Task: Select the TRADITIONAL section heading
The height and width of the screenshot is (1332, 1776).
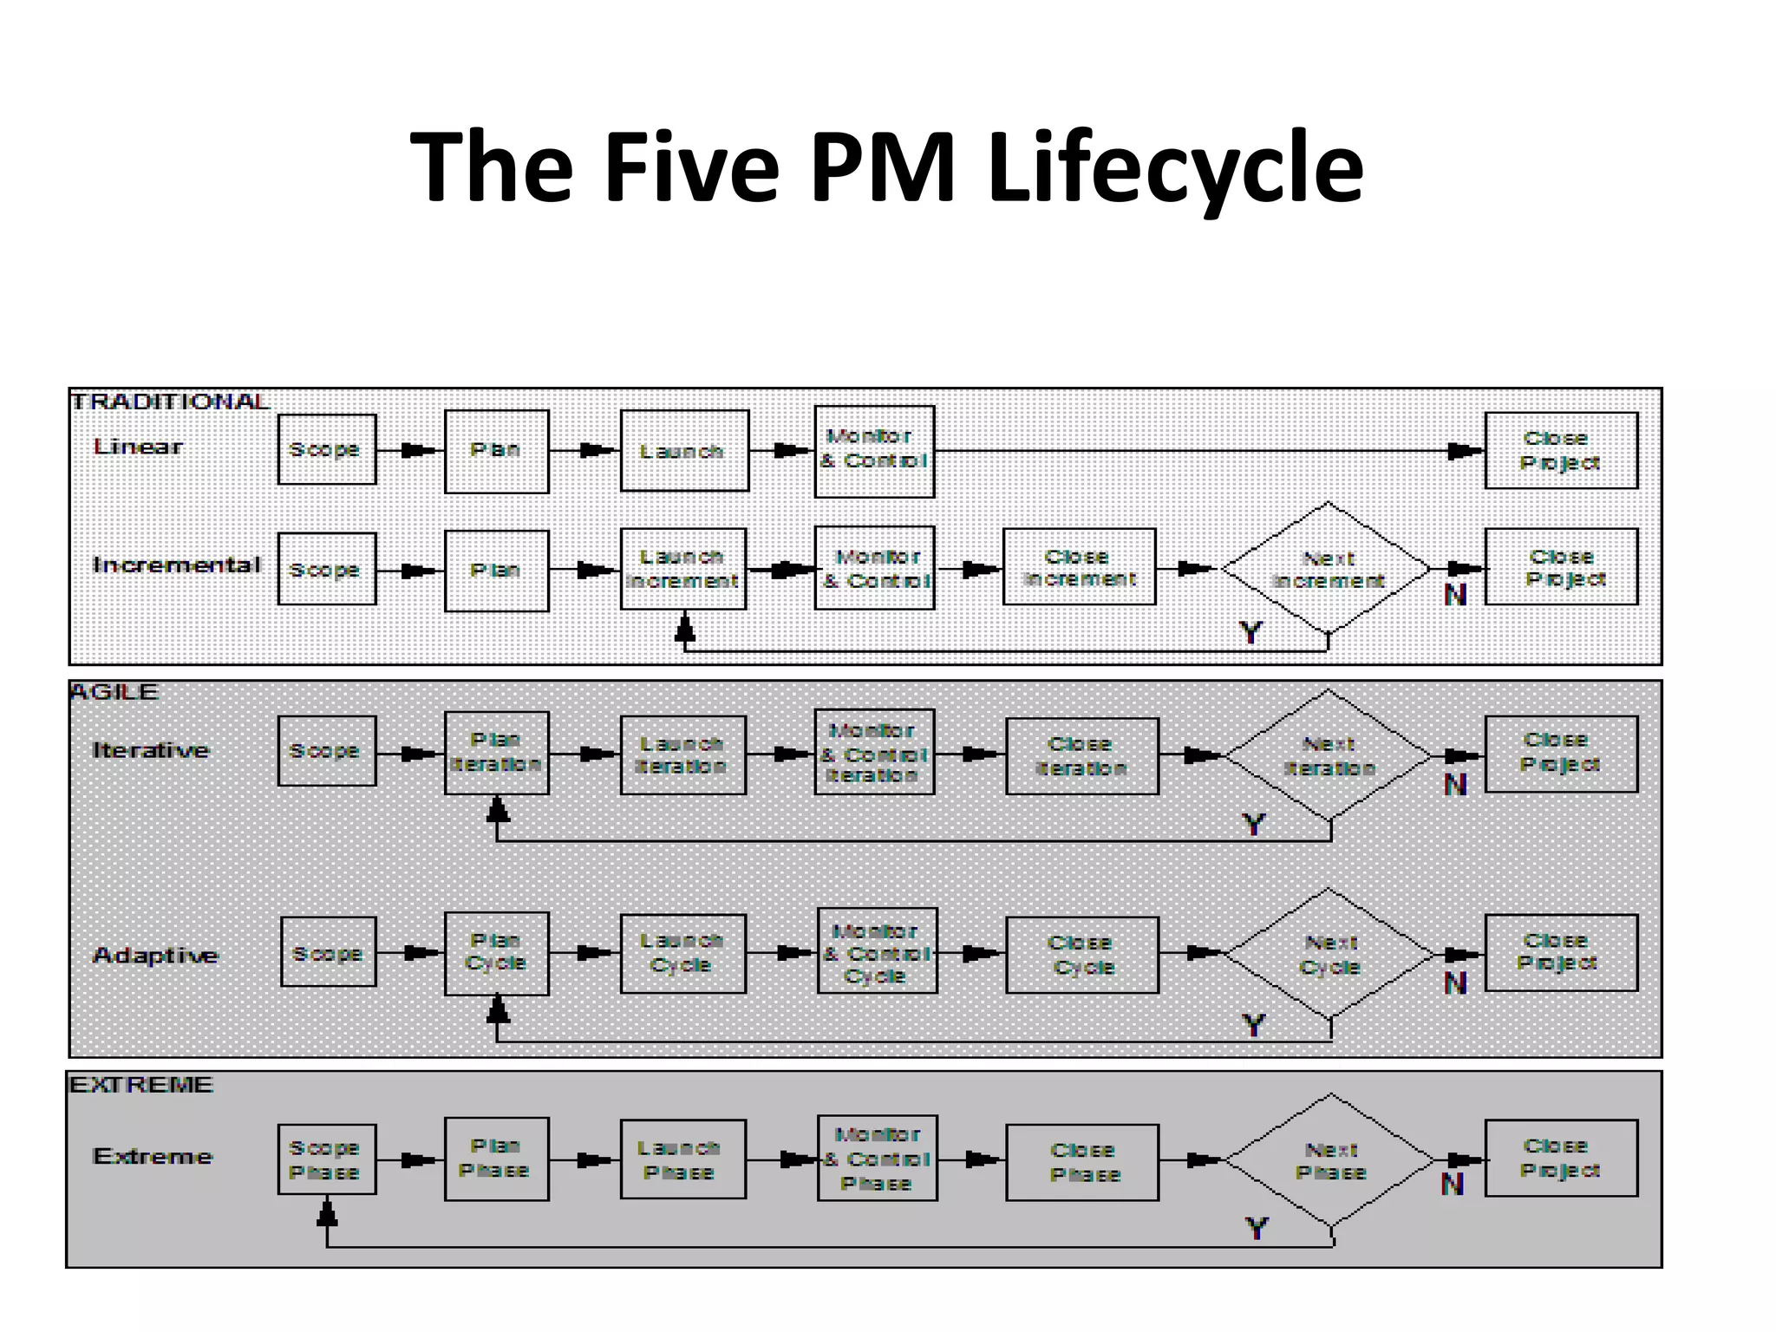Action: point(170,402)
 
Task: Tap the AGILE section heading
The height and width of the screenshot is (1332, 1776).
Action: point(114,692)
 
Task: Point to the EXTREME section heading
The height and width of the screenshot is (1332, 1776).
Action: point(141,1085)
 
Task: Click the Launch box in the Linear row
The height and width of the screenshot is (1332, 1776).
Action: point(684,451)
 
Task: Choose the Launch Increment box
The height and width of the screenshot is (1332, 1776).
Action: point(683,569)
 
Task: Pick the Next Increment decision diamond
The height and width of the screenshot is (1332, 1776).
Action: point(1327,569)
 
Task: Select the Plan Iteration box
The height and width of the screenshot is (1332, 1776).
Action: point(496,753)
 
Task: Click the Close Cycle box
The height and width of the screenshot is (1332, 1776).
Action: point(1081,955)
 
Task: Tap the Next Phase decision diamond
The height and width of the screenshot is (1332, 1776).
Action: point(1330,1160)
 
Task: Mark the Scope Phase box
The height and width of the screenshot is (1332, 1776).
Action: point(326,1159)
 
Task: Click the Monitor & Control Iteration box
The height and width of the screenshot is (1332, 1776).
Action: point(874,753)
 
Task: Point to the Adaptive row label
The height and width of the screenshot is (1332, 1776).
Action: point(155,956)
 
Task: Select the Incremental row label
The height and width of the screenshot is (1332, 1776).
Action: point(176,565)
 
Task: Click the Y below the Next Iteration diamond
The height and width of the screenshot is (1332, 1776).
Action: point(1254,824)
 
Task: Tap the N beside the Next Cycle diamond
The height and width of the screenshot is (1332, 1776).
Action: point(1455,983)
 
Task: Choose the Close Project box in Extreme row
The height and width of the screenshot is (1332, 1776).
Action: point(1560,1159)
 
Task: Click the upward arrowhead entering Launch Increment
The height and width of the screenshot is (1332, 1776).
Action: point(685,627)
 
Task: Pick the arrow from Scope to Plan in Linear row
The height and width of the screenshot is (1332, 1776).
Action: point(410,450)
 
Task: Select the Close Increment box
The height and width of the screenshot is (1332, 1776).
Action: point(1079,567)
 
